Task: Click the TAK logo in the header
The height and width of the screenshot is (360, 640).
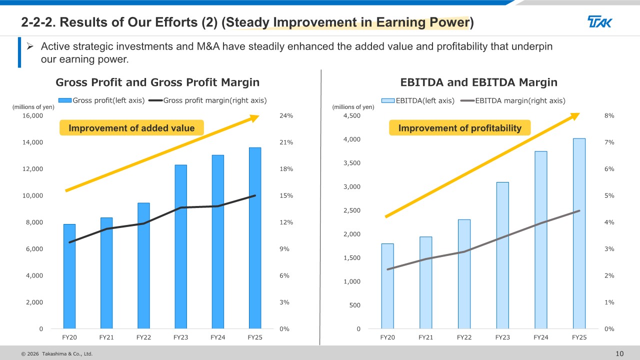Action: coord(599,21)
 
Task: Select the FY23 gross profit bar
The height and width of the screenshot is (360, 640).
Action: coord(181,246)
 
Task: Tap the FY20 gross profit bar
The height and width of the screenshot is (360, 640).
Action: coord(69,276)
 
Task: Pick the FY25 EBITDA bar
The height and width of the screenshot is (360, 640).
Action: coord(579,233)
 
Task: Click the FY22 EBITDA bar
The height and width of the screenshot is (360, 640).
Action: coord(464,274)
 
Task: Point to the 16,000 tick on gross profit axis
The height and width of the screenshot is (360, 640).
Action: coord(32,115)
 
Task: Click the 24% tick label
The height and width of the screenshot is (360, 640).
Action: coord(286,115)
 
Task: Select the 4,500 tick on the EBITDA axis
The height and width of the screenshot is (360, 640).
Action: coord(351,115)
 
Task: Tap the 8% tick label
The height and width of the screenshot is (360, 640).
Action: coord(609,115)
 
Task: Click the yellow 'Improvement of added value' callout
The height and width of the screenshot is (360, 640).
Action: coord(131,127)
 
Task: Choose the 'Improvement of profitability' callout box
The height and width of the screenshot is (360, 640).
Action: coord(459,127)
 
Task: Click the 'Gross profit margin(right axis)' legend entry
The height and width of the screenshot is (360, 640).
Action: coord(207,100)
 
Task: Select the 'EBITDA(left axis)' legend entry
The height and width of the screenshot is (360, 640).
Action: coord(418,100)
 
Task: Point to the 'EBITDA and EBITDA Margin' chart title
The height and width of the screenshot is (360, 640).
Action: coord(478,82)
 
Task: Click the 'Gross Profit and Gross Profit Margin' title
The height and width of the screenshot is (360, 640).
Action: coord(157,82)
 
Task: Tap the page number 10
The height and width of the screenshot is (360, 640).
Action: coord(619,353)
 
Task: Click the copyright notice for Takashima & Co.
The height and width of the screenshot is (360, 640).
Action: coord(57,353)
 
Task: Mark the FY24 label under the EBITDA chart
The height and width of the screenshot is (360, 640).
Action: coord(541,337)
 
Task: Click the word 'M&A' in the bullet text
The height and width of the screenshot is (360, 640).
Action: coord(208,46)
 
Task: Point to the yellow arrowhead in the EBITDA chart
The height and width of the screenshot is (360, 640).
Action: coord(575,116)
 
